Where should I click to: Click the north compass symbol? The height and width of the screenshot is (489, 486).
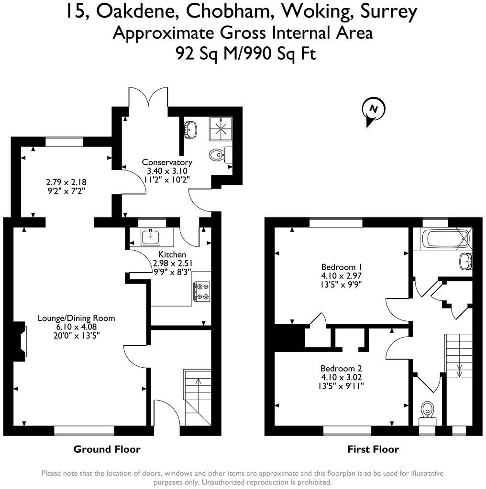(374, 109)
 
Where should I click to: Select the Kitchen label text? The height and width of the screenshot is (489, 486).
(172, 255)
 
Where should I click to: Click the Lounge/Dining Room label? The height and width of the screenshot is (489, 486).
(77, 318)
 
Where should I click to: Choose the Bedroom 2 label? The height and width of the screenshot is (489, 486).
(341, 368)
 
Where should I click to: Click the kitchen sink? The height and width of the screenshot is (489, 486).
(151, 236)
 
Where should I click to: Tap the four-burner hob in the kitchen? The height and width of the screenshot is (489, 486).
(201, 291)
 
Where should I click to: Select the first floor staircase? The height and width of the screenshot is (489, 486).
(459, 356)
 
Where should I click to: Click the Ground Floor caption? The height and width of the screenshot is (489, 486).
(107, 449)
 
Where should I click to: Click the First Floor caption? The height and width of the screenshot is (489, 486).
(373, 449)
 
